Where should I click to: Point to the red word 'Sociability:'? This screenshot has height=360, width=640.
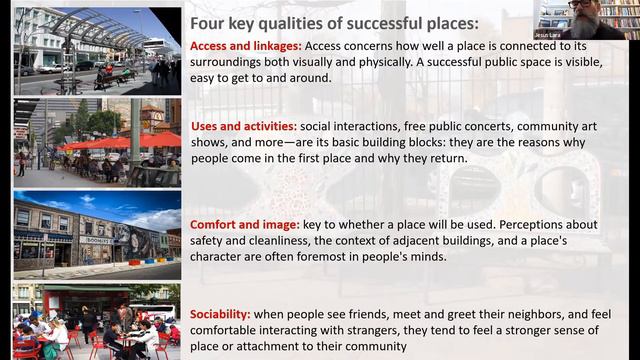pyautogui.click(x=221, y=314)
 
